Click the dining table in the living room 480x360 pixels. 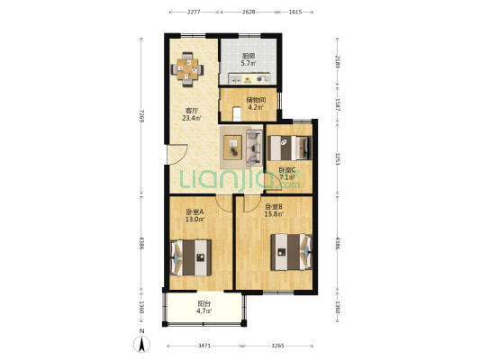[187, 70]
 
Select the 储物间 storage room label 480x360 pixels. [256, 100]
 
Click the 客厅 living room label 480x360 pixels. [191, 111]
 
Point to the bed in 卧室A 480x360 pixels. [191, 257]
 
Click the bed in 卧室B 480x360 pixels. [291, 252]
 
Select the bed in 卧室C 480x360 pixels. [290, 148]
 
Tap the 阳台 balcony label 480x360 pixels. [204, 303]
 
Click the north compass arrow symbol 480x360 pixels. [141, 344]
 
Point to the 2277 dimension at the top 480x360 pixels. [194, 12]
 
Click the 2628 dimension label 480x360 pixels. [249, 12]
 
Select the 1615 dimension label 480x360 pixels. [295, 12]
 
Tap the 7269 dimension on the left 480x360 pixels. [141, 115]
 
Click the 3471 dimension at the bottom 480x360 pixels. [204, 346]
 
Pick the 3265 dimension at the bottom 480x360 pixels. [277, 346]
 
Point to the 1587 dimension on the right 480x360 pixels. [337, 104]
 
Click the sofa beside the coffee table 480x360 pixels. [254, 148]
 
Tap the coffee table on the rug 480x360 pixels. [232, 148]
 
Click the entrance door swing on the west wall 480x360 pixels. [177, 155]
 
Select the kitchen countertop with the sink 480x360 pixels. [249, 78]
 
